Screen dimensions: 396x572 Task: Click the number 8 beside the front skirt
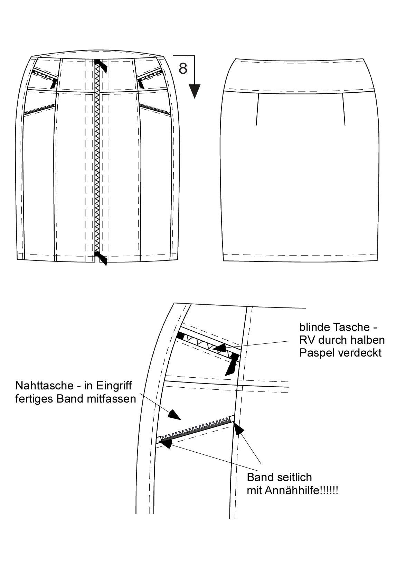click(x=183, y=68)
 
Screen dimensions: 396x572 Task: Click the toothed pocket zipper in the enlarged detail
click(x=195, y=428)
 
